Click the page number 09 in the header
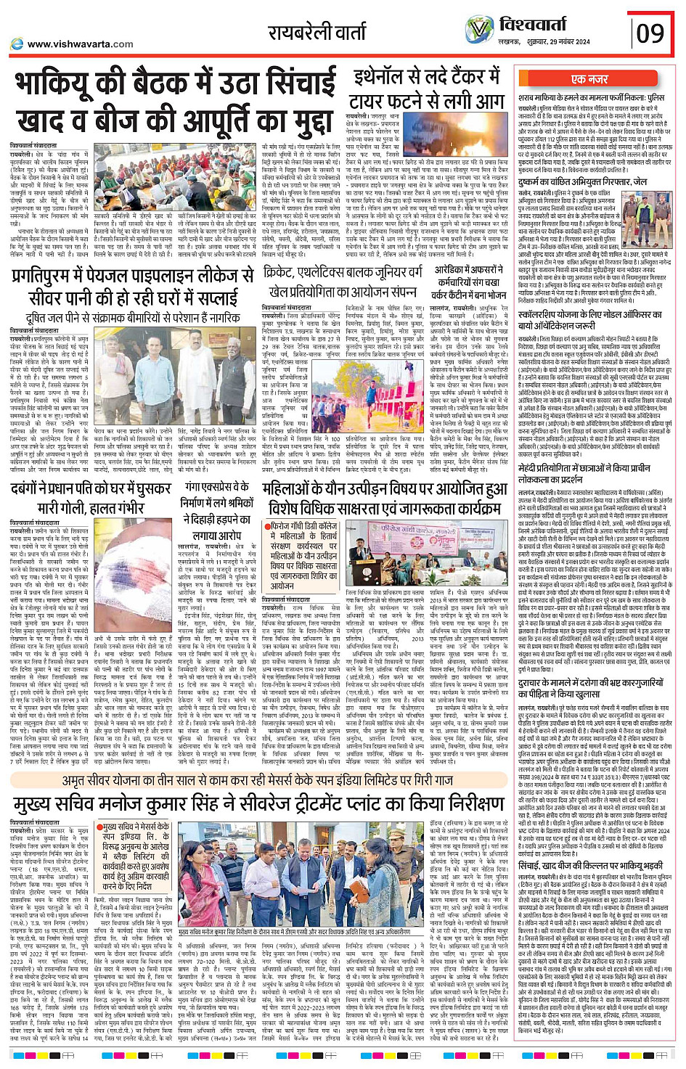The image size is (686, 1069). coord(650,33)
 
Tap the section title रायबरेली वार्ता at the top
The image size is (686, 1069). coord(322,32)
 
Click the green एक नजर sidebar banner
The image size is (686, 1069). coord(589,79)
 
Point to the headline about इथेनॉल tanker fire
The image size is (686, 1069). coord(428,89)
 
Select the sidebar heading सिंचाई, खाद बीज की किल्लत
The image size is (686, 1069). coord(590,865)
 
